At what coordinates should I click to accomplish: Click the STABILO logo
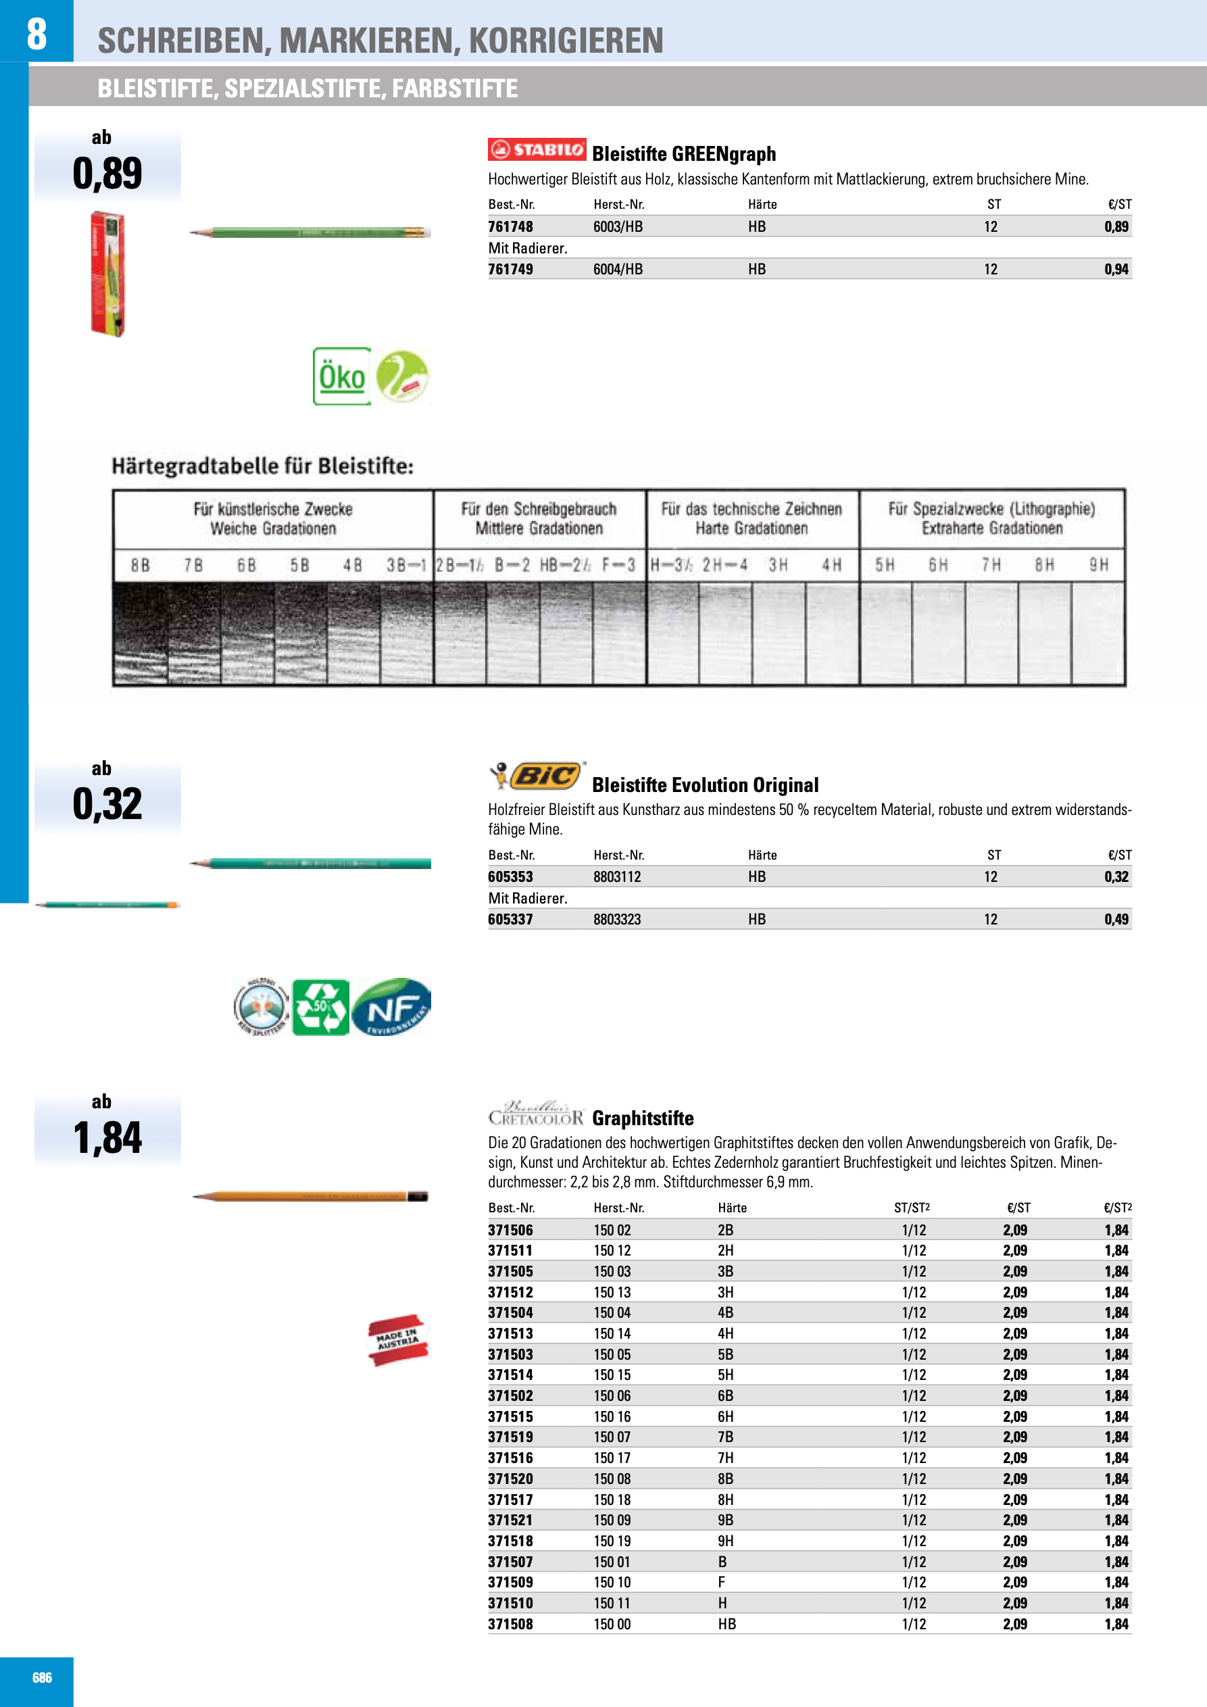coord(536,149)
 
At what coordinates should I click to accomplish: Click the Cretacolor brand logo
coord(535,1114)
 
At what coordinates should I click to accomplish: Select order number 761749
coord(510,269)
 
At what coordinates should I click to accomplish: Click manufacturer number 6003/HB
coord(617,227)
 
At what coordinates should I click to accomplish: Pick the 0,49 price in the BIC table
coord(1116,920)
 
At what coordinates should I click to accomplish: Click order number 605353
coord(510,877)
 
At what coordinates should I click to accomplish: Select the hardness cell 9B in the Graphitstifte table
coord(725,1520)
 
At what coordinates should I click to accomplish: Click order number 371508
coord(510,1625)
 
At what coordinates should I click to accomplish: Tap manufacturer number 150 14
coord(612,1334)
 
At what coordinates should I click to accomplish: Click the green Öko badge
coord(341,376)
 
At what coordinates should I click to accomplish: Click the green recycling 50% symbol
coord(320,1008)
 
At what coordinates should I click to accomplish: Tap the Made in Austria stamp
coord(398,1340)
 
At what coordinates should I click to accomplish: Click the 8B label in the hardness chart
coord(140,566)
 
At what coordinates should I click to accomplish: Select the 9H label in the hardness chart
coord(1098,566)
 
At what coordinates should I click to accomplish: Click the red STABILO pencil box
coord(108,274)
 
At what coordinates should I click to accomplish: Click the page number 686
coord(42,1678)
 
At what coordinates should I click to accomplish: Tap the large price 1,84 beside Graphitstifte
coord(107,1137)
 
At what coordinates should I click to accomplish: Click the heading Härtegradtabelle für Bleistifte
coord(262,466)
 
